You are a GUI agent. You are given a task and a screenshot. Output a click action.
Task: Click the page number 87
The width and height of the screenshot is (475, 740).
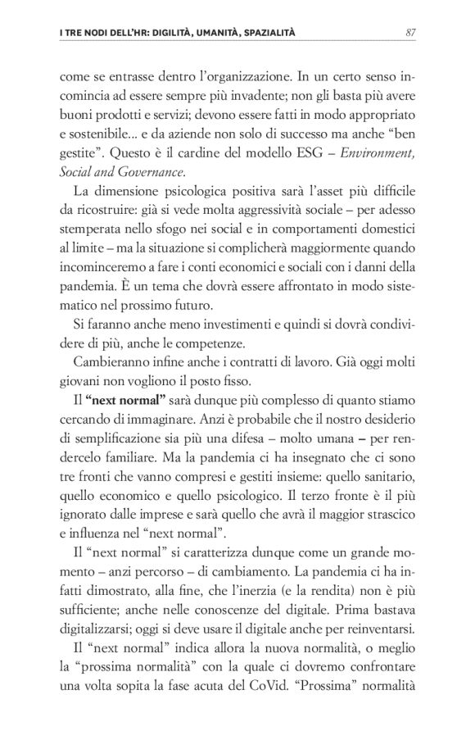(413, 33)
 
